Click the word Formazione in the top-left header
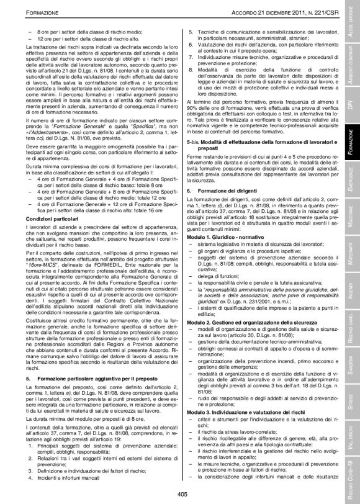(30, 14)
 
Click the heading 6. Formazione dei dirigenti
(220, 189)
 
